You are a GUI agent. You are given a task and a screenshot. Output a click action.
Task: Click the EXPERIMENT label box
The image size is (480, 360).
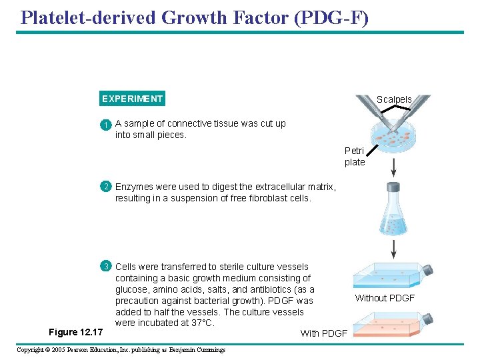[x=131, y=99]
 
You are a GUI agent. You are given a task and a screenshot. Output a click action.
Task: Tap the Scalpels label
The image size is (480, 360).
[x=394, y=99]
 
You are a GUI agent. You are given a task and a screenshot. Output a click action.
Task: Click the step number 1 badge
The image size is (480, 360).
[x=105, y=125]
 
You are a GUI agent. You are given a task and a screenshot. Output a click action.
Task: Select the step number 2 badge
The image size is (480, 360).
[x=105, y=187]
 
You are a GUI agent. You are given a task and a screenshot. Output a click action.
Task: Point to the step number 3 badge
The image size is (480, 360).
[x=105, y=267]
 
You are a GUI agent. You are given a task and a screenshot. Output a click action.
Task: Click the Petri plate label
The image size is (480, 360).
[x=354, y=157]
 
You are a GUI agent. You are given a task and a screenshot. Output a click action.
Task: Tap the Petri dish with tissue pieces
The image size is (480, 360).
[x=393, y=134]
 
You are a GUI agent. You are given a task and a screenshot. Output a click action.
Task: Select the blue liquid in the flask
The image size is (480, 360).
[x=394, y=223]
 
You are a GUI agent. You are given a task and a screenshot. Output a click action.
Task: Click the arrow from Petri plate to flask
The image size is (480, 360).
[x=394, y=167]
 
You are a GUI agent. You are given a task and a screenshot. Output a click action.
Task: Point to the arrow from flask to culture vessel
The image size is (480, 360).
[x=394, y=249]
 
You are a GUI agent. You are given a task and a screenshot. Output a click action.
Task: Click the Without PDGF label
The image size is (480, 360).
[x=385, y=298]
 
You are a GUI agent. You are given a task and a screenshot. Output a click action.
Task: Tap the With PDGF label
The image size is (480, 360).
[x=323, y=333]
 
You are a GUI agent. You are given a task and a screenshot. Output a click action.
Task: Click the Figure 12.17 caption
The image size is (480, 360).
[x=76, y=332]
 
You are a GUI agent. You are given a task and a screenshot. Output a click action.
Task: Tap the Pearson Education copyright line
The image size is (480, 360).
[x=121, y=350]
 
